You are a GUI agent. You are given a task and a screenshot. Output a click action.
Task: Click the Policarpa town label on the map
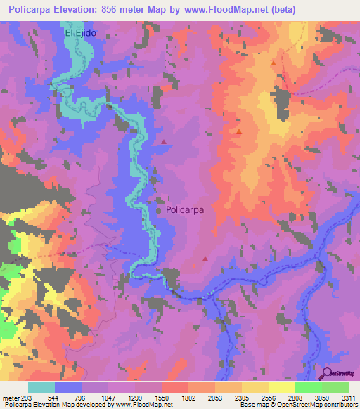tap(184, 209)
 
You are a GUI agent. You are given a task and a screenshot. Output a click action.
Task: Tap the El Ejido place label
tap(79, 33)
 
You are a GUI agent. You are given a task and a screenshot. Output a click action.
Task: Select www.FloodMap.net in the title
tap(221, 9)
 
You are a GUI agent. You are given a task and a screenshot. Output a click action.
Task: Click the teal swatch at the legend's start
tap(41, 388)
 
